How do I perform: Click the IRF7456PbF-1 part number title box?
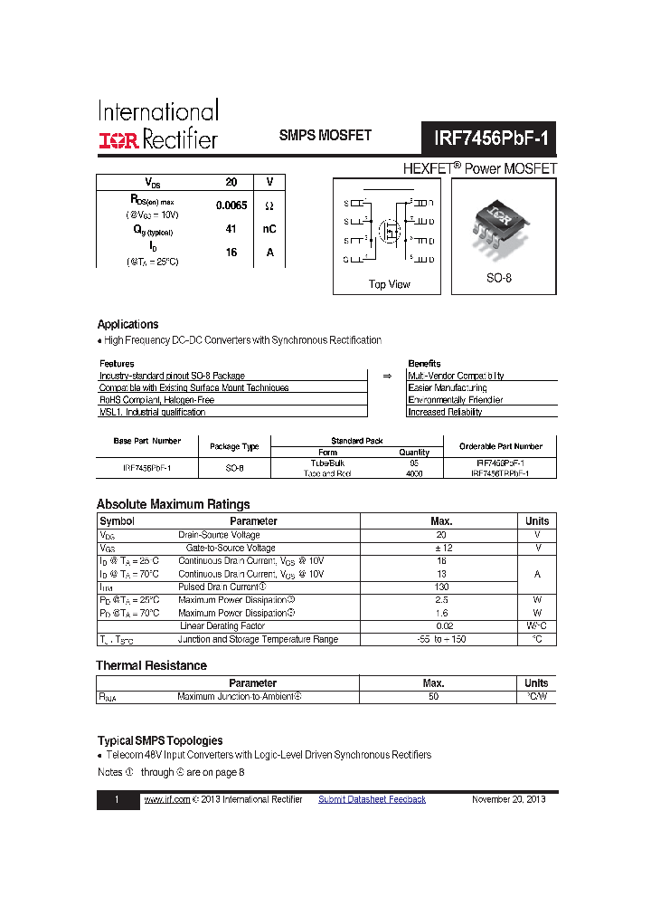[489, 139]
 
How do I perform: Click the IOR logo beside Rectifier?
[118, 140]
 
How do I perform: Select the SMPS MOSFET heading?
[325, 136]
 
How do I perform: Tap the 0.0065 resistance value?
[231, 205]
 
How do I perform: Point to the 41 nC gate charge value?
[231, 229]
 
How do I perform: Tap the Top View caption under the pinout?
[389, 284]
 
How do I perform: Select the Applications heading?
[127, 324]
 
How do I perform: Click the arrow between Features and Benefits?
[387, 375]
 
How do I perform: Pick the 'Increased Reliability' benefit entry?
[445, 412]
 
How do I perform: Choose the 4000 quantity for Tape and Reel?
[414, 473]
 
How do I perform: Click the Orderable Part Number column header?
[500, 446]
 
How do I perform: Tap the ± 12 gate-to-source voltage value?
[440, 548]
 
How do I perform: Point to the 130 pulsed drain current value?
[440, 587]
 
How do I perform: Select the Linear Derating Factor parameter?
[222, 625]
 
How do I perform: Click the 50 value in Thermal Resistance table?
[433, 696]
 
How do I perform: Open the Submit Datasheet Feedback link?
[372, 799]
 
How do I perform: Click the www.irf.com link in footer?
[167, 799]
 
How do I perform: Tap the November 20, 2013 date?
[508, 799]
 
